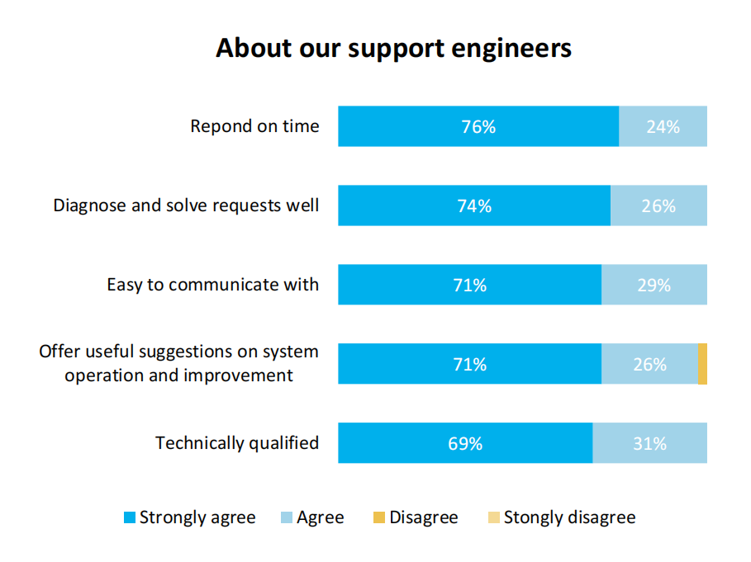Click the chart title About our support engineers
click(x=393, y=48)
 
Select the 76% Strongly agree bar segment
click(x=478, y=126)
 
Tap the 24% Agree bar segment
click(x=663, y=126)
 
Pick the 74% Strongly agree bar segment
click(x=474, y=205)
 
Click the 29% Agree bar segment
click(x=654, y=285)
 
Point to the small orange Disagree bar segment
click(x=702, y=364)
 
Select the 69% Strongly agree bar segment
click(x=465, y=443)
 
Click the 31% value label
click(x=649, y=444)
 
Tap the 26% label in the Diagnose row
click(x=658, y=206)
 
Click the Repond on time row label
click(x=254, y=126)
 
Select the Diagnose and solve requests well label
click(x=186, y=205)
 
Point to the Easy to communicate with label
click(x=212, y=285)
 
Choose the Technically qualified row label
click(x=237, y=443)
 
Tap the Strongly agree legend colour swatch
click(x=129, y=518)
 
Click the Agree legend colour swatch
click(x=286, y=518)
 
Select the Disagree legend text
click(x=423, y=518)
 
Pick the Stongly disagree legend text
click(x=569, y=518)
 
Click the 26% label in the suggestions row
click(x=649, y=365)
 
